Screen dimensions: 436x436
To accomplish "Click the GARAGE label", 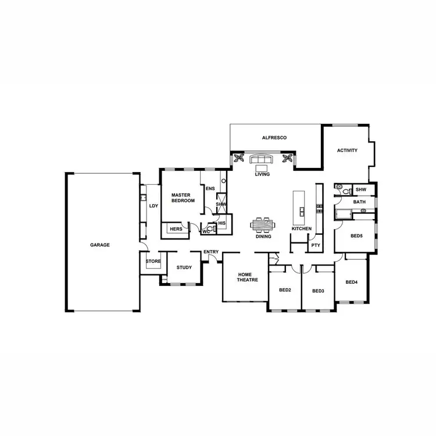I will click(x=99, y=245).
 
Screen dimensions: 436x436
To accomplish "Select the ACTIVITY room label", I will click(x=347, y=151).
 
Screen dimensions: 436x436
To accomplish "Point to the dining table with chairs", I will click(x=262, y=224).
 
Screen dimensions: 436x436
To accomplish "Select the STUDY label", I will click(x=184, y=267).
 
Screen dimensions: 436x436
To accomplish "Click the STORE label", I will click(x=153, y=262).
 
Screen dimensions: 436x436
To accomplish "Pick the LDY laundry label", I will click(x=153, y=206).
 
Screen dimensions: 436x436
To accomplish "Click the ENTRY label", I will click(x=211, y=252).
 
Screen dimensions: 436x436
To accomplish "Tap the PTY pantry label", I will click(x=315, y=245).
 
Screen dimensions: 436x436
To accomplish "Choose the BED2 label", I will click(x=284, y=290).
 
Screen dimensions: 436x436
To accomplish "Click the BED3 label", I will click(x=317, y=291).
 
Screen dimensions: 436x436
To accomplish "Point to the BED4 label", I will click(x=351, y=283).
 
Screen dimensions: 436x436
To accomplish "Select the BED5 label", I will click(x=356, y=236).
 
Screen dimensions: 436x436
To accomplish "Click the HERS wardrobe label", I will click(x=176, y=230).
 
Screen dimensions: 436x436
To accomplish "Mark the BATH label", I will click(x=360, y=202).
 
